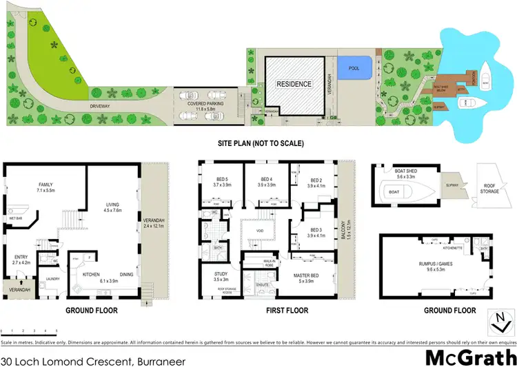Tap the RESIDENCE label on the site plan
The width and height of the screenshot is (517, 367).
[x=294, y=84]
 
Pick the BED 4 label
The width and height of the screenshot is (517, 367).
[x=265, y=180]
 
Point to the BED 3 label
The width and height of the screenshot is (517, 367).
[x=316, y=231]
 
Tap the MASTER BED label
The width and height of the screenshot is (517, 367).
[x=312, y=275]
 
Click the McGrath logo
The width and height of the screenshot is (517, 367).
[x=470, y=357]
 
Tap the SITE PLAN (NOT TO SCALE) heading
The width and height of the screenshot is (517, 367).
[x=259, y=143]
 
